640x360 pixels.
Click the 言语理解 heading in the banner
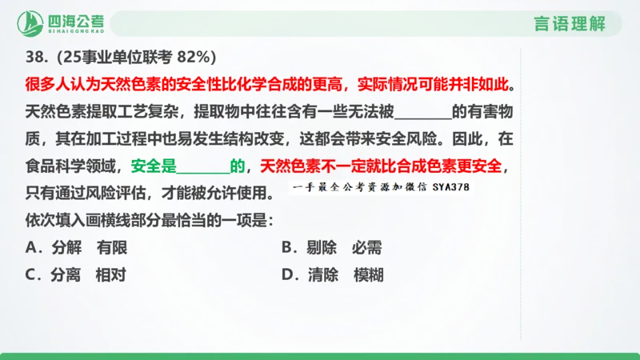570,23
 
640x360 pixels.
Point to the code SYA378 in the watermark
453,189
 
